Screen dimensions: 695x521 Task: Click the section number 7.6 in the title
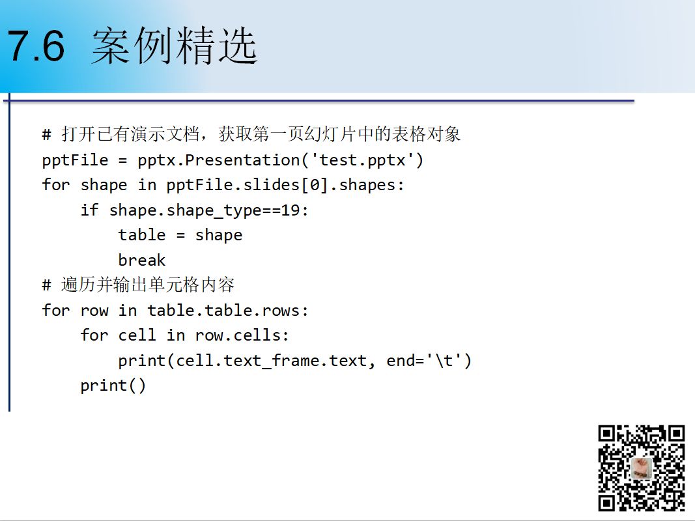tap(36, 46)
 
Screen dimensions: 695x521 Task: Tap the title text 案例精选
tap(174, 45)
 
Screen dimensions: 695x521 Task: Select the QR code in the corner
tap(642, 468)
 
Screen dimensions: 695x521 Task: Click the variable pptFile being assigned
tap(75, 160)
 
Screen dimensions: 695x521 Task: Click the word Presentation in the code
tap(242, 160)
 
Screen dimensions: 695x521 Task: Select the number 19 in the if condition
tap(291, 210)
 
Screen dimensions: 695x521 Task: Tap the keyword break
tap(142, 260)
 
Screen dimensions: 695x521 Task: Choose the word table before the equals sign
tap(142, 235)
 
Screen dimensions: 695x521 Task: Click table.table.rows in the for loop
tap(224, 310)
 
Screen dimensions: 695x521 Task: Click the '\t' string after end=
tap(445, 360)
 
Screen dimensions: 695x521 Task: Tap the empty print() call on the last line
tap(113, 386)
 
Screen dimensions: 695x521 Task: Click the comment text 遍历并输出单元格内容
tap(148, 285)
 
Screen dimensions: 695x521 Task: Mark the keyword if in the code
tap(89, 210)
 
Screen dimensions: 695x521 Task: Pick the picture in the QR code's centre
tap(641, 468)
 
